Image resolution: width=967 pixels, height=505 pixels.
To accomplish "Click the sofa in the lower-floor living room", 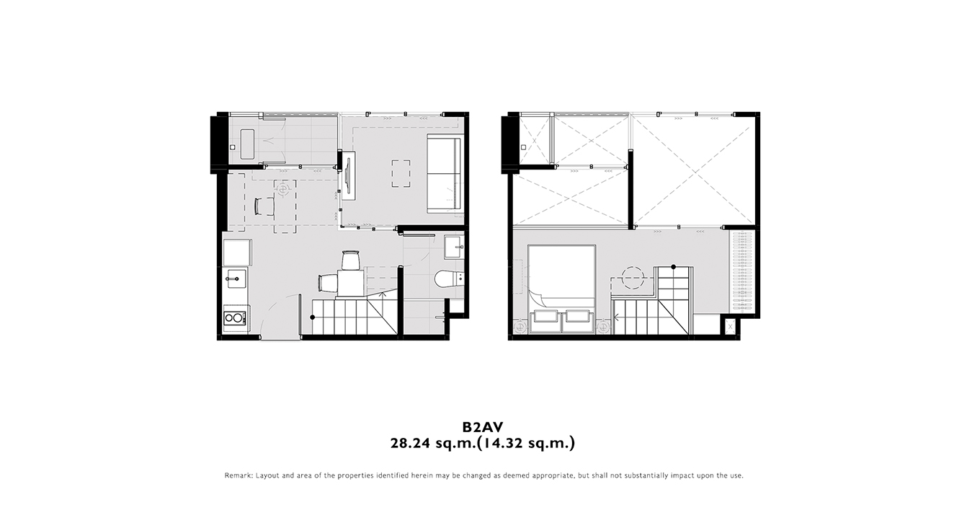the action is [444, 174].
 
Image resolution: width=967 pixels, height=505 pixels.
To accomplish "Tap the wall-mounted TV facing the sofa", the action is [347, 175].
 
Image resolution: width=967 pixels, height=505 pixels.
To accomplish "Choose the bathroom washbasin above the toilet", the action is [454, 247].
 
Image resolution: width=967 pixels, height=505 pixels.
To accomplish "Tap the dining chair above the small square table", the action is [350, 260].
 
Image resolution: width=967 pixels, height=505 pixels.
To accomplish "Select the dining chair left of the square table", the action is [328, 284].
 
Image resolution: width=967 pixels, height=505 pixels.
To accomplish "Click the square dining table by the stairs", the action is [352, 284].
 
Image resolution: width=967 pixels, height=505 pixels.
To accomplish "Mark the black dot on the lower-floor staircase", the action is [313, 317].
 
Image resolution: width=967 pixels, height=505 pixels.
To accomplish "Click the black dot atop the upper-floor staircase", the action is [673, 267].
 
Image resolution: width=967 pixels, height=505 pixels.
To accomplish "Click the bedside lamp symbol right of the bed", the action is [603, 327].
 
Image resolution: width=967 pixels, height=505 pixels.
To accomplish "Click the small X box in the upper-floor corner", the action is [730, 328].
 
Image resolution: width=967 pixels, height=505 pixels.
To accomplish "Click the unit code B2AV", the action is [483, 427].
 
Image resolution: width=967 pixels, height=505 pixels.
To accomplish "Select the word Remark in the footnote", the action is [239, 475].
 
